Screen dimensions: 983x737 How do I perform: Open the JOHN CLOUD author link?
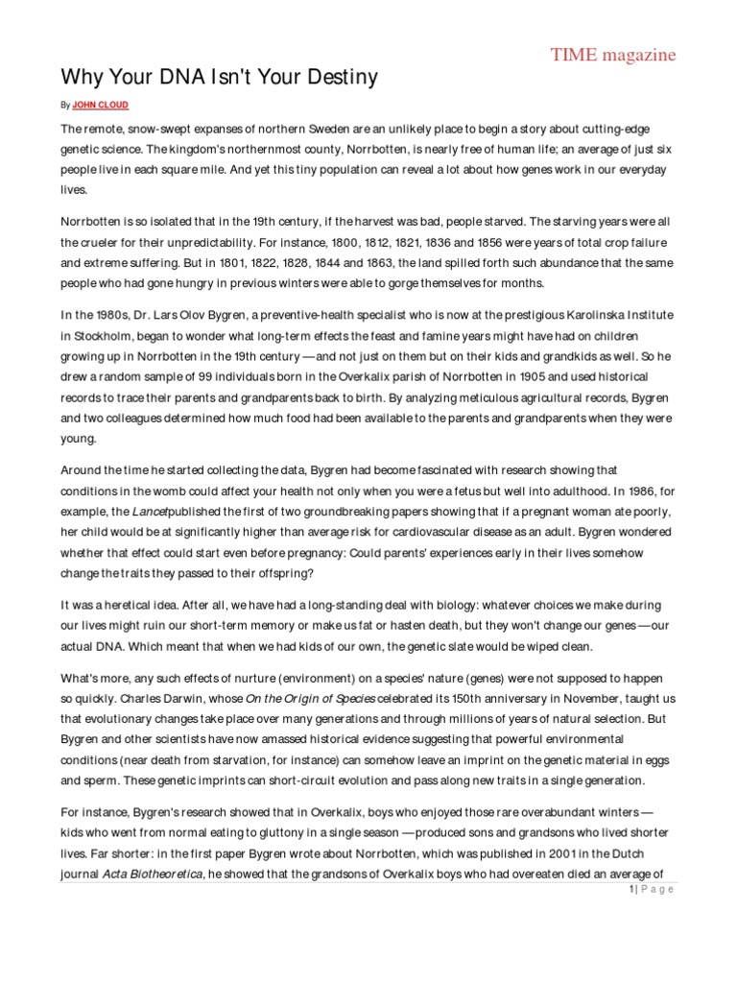click(x=102, y=103)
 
